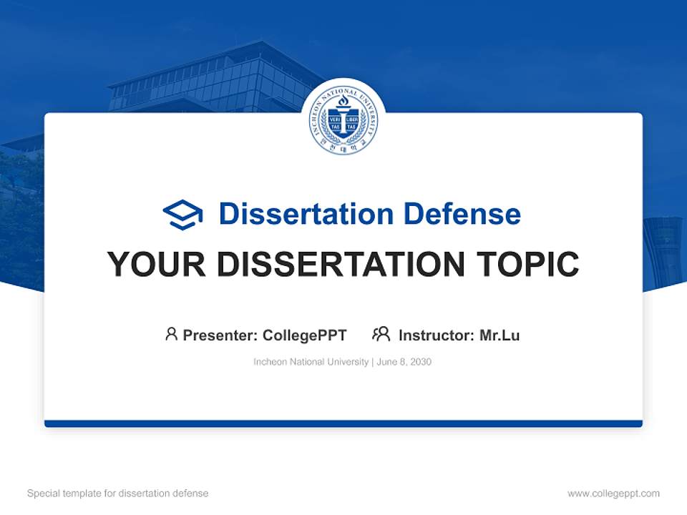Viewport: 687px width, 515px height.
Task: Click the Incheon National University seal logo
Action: tap(343, 119)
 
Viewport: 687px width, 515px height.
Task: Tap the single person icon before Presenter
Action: tap(171, 334)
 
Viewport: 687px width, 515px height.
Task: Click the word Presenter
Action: tap(219, 335)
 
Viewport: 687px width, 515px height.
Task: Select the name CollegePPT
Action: tap(305, 335)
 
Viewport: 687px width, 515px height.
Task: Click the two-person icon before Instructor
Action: tap(381, 334)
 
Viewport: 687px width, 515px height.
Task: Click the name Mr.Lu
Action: tap(500, 335)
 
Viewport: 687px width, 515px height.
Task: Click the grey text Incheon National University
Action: tap(311, 362)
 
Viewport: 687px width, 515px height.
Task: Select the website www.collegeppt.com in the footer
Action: tap(613, 494)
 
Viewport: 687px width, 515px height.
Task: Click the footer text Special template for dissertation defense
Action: tap(118, 494)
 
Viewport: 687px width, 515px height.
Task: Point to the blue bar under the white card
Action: tap(343, 423)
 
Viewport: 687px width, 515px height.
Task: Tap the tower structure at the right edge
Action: tap(663, 250)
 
